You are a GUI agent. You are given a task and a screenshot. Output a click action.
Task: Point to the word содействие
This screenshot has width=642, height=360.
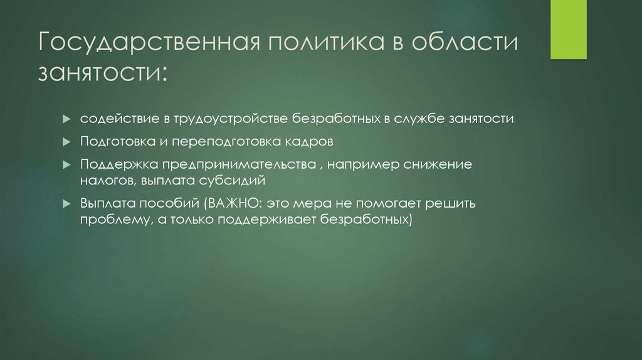point(115,119)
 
